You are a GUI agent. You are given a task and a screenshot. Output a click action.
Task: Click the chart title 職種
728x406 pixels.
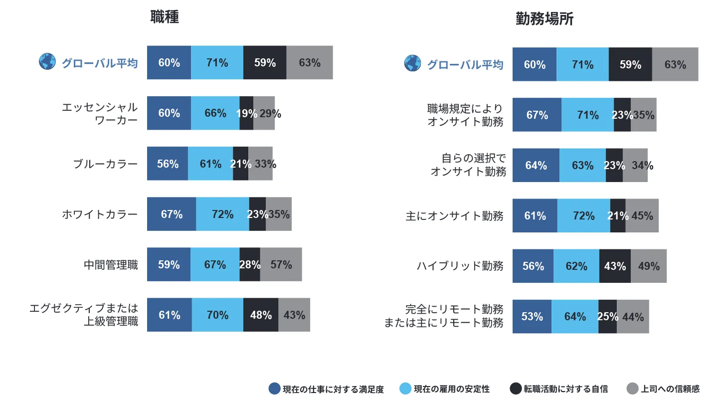tap(165, 17)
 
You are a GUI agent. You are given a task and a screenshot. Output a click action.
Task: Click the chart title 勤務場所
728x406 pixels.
tap(544, 19)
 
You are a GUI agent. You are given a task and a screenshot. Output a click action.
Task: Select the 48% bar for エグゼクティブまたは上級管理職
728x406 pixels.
tap(260, 315)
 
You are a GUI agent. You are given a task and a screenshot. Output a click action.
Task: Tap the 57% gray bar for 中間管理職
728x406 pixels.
tap(281, 264)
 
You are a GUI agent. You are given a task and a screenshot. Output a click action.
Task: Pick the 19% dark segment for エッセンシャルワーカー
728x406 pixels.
tap(246, 113)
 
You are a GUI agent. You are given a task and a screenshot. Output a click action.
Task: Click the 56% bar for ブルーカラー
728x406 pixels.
tap(168, 164)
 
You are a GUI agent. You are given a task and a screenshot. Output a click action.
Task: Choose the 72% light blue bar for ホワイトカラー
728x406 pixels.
tap(222, 214)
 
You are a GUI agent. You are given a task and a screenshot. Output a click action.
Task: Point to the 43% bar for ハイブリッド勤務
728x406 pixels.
tap(615, 266)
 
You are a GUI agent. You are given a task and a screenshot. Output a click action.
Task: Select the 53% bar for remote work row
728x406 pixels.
tap(532, 317)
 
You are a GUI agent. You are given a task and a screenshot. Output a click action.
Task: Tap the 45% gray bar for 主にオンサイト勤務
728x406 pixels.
tap(642, 215)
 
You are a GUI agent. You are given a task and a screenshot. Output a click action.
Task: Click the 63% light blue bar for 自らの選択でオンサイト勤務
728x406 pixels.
tap(582, 165)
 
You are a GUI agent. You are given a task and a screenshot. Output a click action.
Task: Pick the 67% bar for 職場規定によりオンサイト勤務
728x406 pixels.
tap(537, 115)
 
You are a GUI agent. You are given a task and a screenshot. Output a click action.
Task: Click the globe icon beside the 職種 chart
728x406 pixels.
tap(47, 62)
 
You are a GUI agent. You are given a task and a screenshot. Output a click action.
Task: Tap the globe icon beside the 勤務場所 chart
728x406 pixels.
tap(413, 63)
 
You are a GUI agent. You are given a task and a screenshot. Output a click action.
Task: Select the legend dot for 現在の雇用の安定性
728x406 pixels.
tap(405, 389)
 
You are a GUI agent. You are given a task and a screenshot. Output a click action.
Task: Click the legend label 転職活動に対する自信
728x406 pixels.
tap(565, 389)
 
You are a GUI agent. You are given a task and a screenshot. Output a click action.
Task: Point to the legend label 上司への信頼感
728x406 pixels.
tap(670, 389)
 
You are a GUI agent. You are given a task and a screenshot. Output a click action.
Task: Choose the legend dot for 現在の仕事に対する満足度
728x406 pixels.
tap(274, 389)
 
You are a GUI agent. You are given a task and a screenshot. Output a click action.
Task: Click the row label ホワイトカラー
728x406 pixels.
tap(100, 214)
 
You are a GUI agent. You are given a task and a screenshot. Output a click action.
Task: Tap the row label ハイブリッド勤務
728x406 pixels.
tap(460, 266)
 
